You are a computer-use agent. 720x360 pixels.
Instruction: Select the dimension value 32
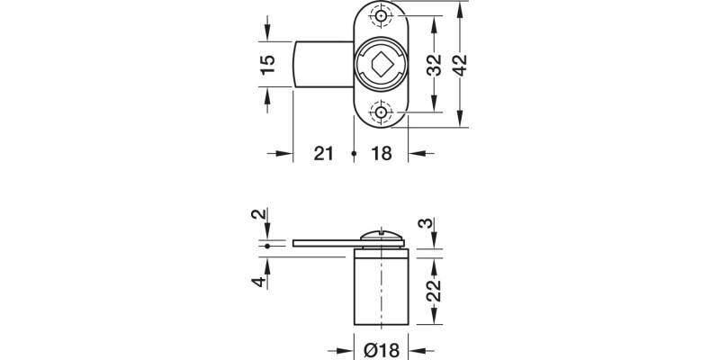(435, 66)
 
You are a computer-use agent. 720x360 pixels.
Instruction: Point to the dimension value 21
(325, 154)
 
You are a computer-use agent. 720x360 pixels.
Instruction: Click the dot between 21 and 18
(354, 154)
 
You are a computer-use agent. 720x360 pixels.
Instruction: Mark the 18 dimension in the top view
(381, 154)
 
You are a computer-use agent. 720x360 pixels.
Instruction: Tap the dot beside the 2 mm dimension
(267, 242)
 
